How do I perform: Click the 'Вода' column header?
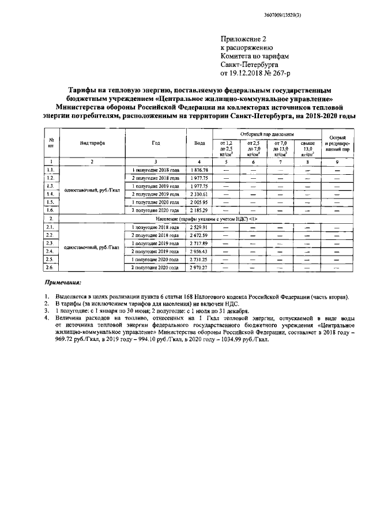coord(199,143)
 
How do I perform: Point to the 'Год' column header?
coord(156,143)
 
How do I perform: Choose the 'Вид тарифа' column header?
coord(92,143)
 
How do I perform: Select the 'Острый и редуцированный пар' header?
coord(337,143)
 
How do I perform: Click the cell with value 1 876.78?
coord(199,171)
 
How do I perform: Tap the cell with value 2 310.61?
coord(199,195)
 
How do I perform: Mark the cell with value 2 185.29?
coord(199,211)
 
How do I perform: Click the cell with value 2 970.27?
coord(199,268)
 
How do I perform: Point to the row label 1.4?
coord(51,195)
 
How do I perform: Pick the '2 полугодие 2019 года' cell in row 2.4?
coord(156,252)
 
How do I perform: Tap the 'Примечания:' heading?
coord(63,283)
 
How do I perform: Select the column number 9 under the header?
coord(337,162)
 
